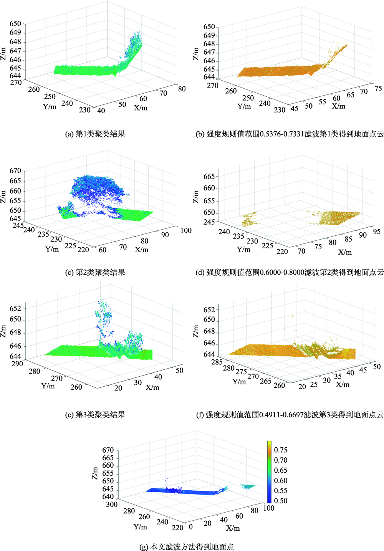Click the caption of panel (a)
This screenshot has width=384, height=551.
tap(95, 134)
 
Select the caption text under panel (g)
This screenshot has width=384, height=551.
tap(187, 547)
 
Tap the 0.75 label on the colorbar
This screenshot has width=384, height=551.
tap(281, 450)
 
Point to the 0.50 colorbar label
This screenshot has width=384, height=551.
tap(281, 501)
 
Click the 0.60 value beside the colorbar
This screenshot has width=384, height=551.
tap(281, 481)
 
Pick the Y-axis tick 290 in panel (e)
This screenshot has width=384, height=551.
tap(17, 364)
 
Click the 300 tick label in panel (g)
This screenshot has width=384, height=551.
tap(112, 504)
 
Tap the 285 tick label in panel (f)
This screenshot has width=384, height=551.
tap(217, 362)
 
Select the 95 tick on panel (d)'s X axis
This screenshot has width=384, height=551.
tap(377, 232)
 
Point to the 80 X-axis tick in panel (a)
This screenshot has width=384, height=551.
tap(182, 89)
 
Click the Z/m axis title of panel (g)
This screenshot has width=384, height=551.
tap(95, 473)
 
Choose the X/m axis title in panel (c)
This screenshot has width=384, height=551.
tap(142, 250)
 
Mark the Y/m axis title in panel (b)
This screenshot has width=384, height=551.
tap(244, 106)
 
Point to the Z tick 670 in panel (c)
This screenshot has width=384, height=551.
tap(15, 170)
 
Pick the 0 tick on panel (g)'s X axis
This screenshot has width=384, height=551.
tap(191, 527)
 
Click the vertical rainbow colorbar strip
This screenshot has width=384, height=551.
tap(270, 472)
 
